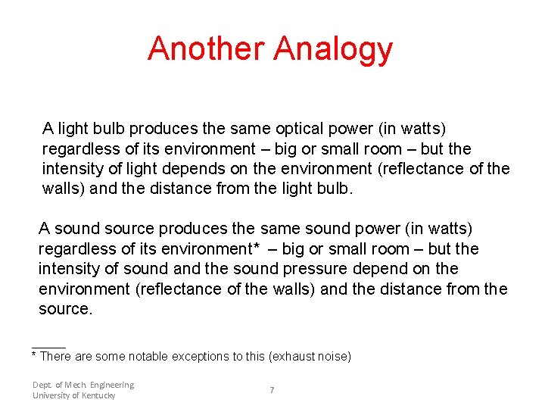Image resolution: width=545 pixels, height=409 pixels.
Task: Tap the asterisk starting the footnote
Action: pyautogui.click(x=34, y=354)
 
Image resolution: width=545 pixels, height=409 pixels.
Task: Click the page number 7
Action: pyautogui.click(x=272, y=390)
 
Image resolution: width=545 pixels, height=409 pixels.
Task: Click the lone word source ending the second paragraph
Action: pyautogui.click(x=64, y=309)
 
